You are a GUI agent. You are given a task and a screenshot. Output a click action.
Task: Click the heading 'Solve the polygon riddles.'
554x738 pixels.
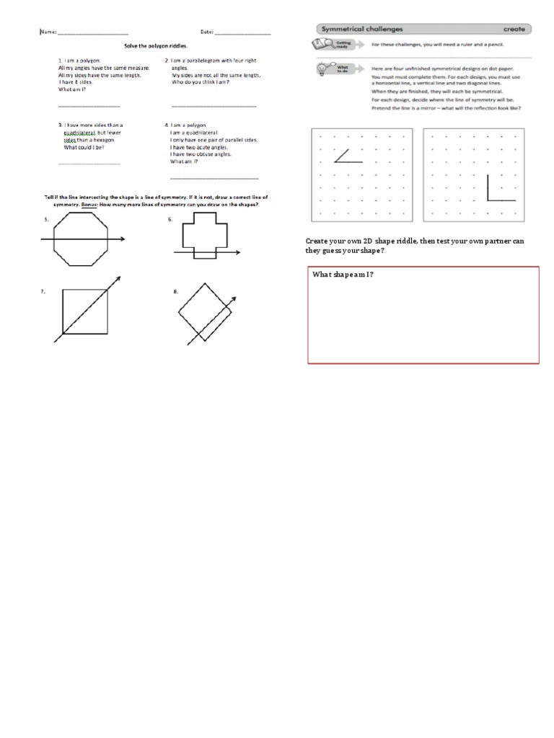[x=154, y=45]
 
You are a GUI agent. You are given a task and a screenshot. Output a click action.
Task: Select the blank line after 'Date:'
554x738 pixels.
[x=242, y=33]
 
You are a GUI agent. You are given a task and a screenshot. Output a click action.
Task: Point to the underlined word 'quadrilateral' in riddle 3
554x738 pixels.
[x=79, y=132]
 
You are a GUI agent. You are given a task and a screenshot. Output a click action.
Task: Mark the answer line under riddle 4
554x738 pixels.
[x=214, y=178]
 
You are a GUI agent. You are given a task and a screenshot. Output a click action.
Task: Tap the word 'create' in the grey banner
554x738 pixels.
[x=514, y=29]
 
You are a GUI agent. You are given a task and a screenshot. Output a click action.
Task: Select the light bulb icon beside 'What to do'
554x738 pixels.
[x=321, y=70]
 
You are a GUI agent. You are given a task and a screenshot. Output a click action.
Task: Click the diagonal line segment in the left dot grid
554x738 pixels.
[x=341, y=155]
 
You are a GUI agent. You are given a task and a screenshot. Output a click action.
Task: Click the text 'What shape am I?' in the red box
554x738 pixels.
[x=343, y=275]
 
